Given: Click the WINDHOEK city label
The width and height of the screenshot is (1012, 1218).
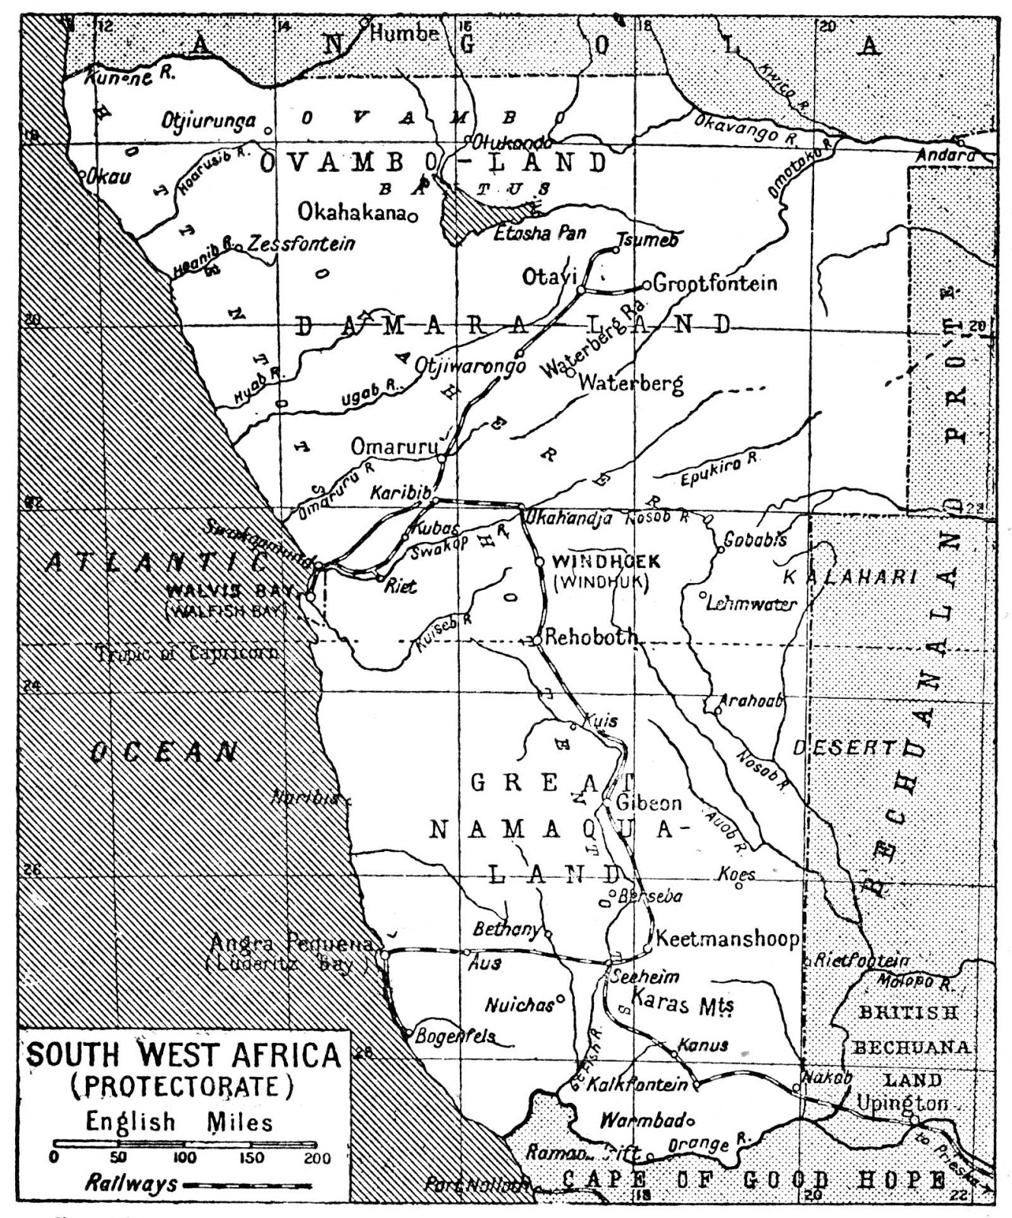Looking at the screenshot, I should coord(605,562).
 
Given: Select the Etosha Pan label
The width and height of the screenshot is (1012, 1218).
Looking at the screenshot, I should coord(539,232).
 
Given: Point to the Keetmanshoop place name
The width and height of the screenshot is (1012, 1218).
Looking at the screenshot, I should coord(727,939).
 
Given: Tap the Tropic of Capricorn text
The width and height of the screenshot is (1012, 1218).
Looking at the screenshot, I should coord(187,652).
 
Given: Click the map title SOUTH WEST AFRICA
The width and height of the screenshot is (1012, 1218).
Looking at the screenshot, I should coord(183,1056).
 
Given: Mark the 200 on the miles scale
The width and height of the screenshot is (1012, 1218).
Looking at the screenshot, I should coord(318,1159).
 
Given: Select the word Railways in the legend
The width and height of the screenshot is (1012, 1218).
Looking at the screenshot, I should coord(131,1184).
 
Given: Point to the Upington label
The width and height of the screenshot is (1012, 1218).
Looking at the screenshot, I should coord(902,1103).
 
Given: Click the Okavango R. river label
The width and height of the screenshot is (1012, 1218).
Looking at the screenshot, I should coord(745,128).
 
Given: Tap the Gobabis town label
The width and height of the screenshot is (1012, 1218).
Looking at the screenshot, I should coord(755,540).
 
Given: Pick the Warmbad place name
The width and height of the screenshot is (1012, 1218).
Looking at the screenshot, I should coord(643,1121).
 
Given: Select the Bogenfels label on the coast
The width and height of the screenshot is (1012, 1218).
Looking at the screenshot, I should coord(455,1037).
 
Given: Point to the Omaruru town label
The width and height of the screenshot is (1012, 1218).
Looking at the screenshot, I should coord(393,446).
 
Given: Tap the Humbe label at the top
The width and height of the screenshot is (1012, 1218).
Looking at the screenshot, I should coord(404,33).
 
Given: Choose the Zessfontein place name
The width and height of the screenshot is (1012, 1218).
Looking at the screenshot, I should coord(302,244).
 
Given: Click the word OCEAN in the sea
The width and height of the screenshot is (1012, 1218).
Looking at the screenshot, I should coord(164,752).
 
